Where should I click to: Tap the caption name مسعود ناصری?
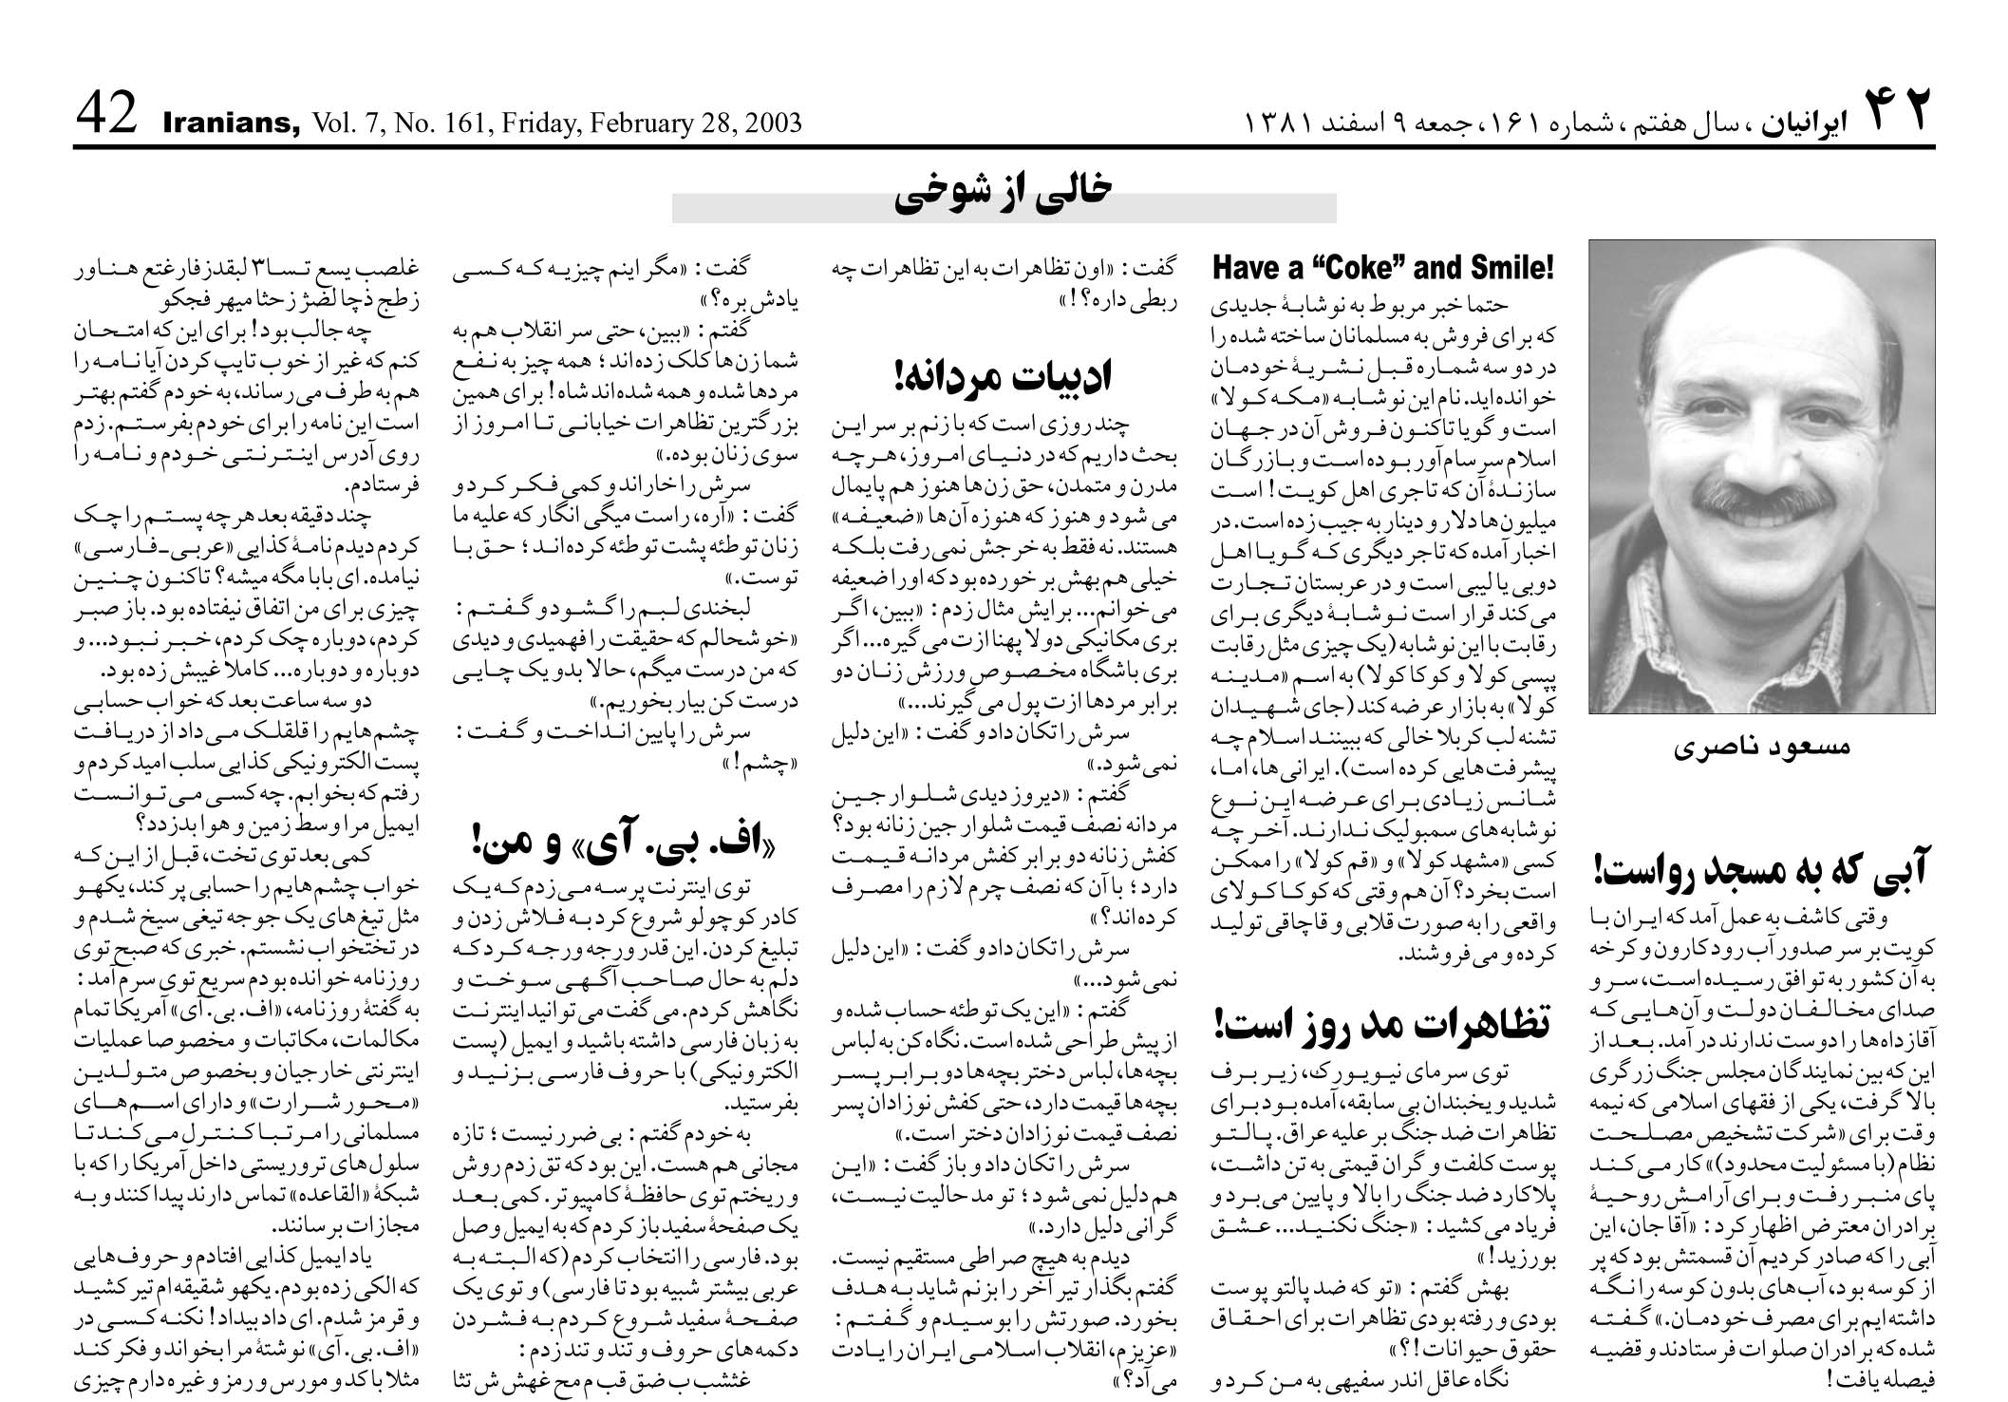click(1761, 747)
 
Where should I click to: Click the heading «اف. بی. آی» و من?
click(623, 841)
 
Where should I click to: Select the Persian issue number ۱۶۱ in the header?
click(1544, 124)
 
